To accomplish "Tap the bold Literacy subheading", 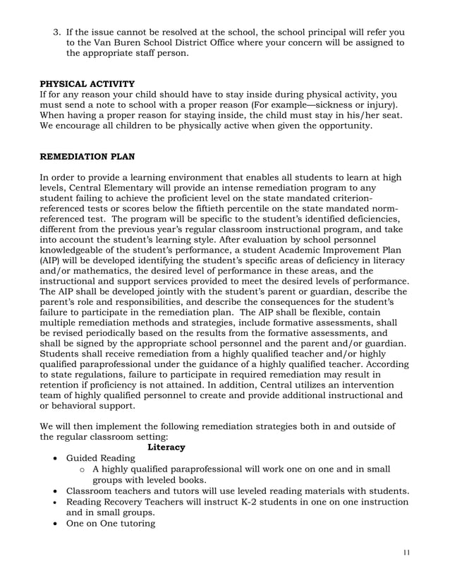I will pos(166,447).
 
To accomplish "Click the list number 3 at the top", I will pos(59,32).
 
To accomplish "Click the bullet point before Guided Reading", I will pos(56,459).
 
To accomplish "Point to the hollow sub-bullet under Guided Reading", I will pos(83,469).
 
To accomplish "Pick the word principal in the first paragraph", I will pos(327,32).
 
